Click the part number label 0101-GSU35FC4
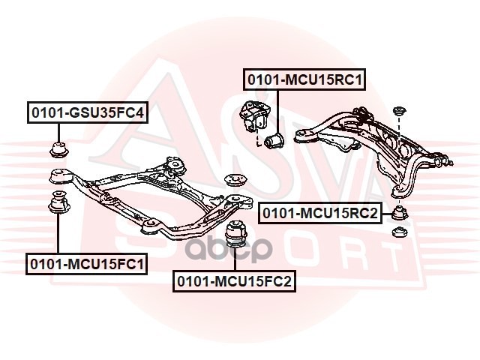pos(87,113)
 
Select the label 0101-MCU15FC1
pos(87,263)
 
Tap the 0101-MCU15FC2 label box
pos(234,281)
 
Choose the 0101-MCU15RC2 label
pos(320,213)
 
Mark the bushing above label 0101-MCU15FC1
pos(57,203)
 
